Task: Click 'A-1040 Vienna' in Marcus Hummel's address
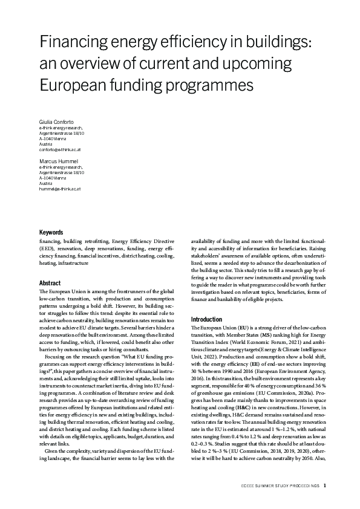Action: (x=53, y=178)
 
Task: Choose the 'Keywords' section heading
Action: (x=52, y=232)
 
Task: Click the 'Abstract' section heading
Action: (x=50, y=282)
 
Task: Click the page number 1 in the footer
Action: (x=325, y=484)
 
